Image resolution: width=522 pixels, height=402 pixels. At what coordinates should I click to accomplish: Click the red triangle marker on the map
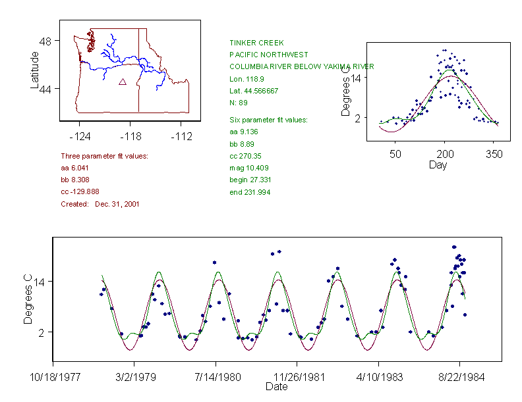pos(122,82)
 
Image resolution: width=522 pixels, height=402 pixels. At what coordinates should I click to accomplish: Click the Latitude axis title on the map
pos(35,70)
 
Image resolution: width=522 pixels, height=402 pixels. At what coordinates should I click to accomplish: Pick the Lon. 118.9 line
pos(245,79)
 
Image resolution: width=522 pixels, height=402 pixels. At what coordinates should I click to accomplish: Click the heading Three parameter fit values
pos(104,156)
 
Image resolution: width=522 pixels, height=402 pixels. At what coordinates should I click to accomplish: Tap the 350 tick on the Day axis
pos(494,154)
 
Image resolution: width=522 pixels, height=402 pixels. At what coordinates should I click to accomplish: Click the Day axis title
pos(438,164)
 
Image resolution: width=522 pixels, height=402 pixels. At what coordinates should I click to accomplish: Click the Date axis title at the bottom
pos(276,387)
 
